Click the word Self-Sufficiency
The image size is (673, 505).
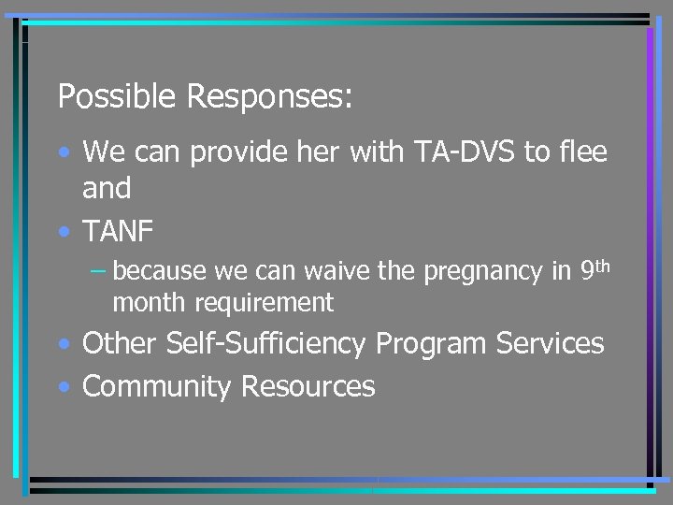click(265, 344)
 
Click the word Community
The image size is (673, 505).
click(157, 386)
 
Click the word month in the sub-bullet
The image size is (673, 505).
click(144, 302)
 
